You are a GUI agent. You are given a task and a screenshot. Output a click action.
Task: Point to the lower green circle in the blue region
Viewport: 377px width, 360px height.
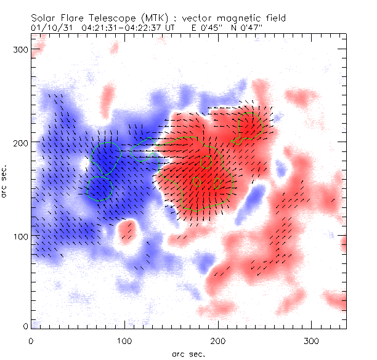click(100, 188)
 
